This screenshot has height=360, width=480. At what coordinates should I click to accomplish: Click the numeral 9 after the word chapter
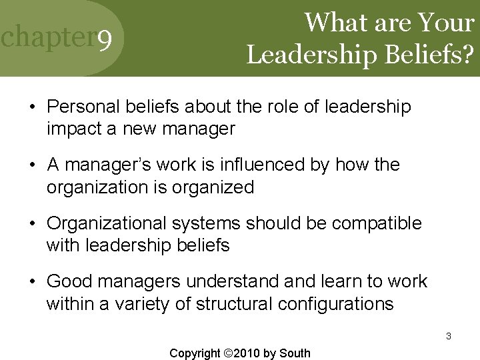(x=104, y=43)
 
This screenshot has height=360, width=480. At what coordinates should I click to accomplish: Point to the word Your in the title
(x=447, y=23)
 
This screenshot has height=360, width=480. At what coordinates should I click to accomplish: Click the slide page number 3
(x=449, y=337)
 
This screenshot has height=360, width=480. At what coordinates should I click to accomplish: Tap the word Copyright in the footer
(x=195, y=353)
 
